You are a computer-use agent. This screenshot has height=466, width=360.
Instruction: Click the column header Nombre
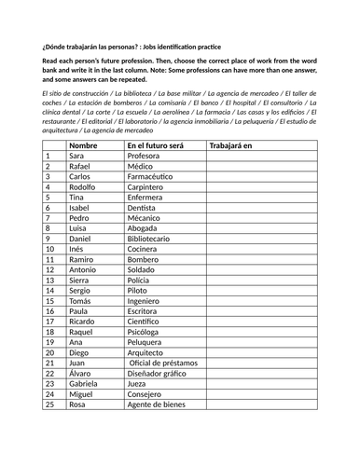(83, 146)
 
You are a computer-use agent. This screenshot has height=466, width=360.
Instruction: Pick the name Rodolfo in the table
(84, 186)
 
